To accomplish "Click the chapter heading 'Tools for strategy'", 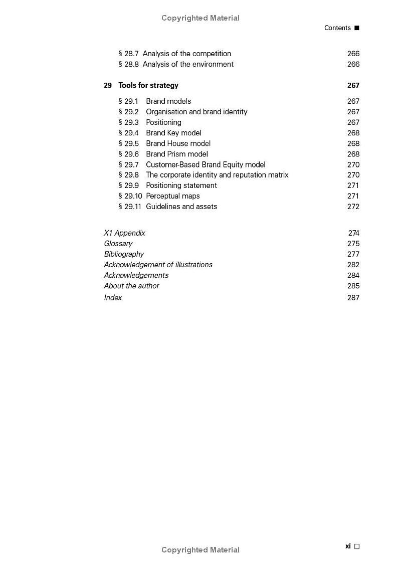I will click(148, 85).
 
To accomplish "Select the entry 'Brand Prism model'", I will click(176, 154).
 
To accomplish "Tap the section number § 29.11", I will click(130, 207).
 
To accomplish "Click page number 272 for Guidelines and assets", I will click(353, 207).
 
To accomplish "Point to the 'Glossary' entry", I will click(118, 244).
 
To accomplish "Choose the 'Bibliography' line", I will click(124, 254).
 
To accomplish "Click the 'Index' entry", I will click(113, 298).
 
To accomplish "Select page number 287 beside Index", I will click(353, 298).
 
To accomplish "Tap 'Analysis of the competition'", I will click(186, 54).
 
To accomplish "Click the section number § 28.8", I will click(128, 64).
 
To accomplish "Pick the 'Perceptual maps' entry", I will click(172, 196).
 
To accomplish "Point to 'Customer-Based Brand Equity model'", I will click(206, 164).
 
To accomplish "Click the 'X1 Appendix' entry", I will click(124, 233).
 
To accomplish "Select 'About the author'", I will click(131, 286).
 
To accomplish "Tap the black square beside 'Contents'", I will click(357, 28).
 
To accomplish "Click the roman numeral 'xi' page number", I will click(348, 546).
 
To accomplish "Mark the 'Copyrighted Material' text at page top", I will click(200, 18).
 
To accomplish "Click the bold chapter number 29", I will click(108, 85).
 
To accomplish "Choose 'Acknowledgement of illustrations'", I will click(158, 265).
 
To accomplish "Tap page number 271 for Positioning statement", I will click(353, 185).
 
